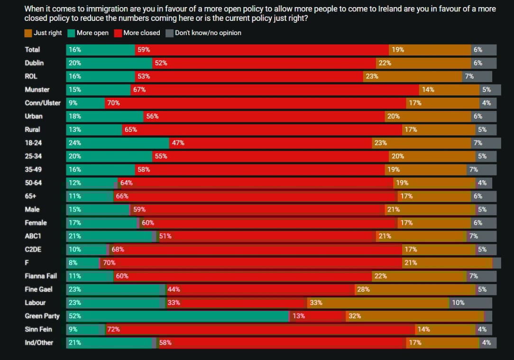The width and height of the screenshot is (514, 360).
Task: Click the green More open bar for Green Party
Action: point(178,316)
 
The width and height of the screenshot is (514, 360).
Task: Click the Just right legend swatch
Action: point(28,33)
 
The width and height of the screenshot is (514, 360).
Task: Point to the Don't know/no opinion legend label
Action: point(208,33)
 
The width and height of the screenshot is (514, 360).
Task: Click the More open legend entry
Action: point(92,33)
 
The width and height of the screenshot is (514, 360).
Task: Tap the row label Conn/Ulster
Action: point(43,103)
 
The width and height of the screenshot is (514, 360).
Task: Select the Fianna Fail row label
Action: point(41,276)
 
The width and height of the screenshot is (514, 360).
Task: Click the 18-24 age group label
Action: point(33,143)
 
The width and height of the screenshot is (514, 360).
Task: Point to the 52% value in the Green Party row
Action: point(74,316)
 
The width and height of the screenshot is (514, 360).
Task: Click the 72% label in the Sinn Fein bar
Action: point(113,329)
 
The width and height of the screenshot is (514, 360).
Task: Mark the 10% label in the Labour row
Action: point(458,303)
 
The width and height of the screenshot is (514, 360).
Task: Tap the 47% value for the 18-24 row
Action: point(178,143)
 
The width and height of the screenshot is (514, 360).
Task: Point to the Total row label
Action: point(32,49)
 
